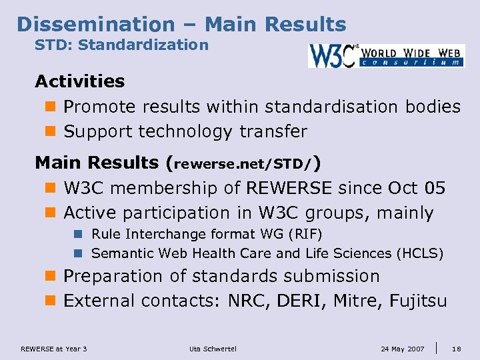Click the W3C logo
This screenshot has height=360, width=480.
point(386,56)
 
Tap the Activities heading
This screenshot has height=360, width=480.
point(80,81)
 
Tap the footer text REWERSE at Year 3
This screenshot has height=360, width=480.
point(54,349)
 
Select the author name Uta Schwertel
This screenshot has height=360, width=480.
point(213,349)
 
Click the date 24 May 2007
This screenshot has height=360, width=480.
point(403,349)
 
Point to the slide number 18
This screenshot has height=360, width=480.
point(457,349)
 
